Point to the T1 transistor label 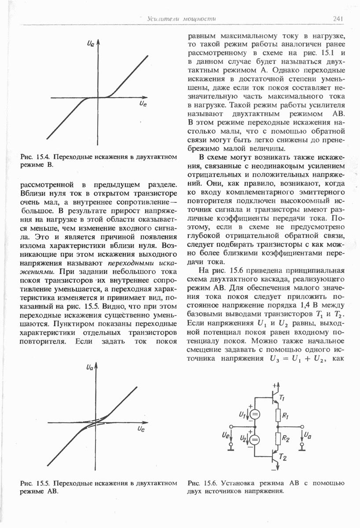[x=282, y=399]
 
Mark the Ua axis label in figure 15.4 [x=91, y=44]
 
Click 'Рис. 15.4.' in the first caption [x=33, y=157]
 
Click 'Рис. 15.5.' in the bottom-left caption [x=33, y=483]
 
